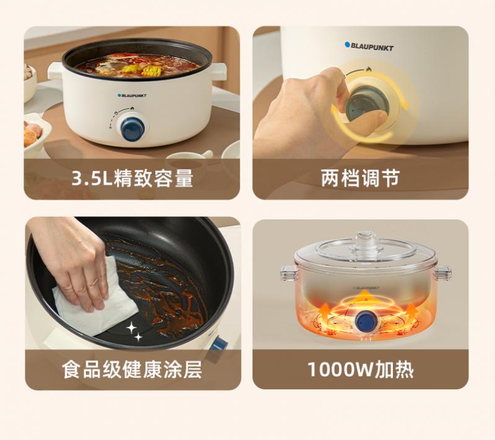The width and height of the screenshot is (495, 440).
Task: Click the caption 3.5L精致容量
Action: [x=132, y=178]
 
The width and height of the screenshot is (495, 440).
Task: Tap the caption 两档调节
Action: [x=361, y=178]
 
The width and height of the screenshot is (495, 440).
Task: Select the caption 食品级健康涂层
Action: [x=132, y=370]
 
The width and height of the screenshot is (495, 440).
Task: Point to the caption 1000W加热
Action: [x=361, y=370]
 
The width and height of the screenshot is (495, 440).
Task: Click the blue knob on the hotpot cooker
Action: [x=132, y=129]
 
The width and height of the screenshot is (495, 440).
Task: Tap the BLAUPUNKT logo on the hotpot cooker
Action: [x=132, y=96]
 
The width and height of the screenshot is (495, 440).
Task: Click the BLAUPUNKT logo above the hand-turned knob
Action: [x=369, y=46]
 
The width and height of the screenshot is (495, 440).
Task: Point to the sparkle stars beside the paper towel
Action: [x=134, y=331]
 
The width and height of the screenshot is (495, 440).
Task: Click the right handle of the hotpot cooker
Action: [x=220, y=71]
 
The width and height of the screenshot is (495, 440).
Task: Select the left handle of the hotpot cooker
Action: [x=55, y=71]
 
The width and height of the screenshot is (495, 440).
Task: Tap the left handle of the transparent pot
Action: [x=290, y=273]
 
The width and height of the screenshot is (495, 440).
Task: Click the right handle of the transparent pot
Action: [x=442, y=273]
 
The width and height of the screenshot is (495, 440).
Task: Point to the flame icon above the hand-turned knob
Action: [x=368, y=69]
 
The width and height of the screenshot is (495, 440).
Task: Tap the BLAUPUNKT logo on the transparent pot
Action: [x=366, y=288]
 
